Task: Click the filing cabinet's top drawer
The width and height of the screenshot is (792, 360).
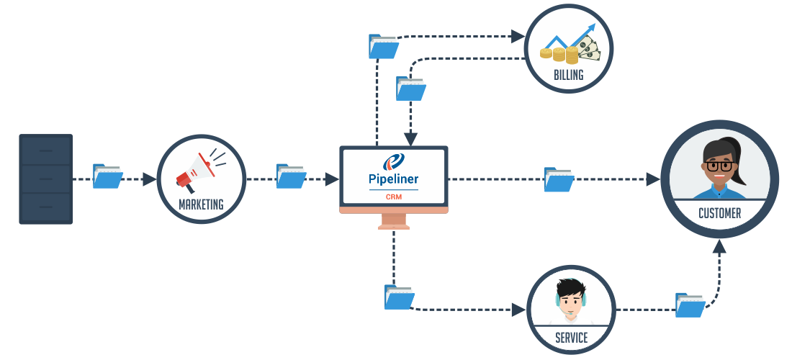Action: pyautogui.click(x=45, y=150)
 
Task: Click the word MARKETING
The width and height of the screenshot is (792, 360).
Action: pyautogui.click(x=201, y=204)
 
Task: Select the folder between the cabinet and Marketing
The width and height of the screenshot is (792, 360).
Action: pyautogui.click(x=108, y=176)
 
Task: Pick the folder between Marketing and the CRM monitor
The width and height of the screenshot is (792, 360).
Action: pyautogui.click(x=291, y=176)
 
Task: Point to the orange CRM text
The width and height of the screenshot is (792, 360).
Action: pyautogui.click(x=394, y=196)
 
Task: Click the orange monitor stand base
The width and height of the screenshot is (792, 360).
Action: pyautogui.click(x=394, y=227)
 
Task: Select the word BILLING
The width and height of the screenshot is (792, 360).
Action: pyautogui.click(x=568, y=75)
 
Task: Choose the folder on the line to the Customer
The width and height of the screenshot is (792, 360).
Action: pyautogui.click(x=559, y=179)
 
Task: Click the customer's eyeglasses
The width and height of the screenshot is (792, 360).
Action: pyautogui.click(x=719, y=166)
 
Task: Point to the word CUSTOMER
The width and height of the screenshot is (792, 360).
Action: pyautogui.click(x=719, y=214)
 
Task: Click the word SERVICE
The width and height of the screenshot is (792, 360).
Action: pyautogui.click(x=571, y=338)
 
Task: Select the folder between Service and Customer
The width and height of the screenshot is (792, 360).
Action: pyautogui.click(x=690, y=305)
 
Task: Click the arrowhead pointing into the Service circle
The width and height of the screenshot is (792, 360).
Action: pyautogui.click(x=520, y=310)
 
